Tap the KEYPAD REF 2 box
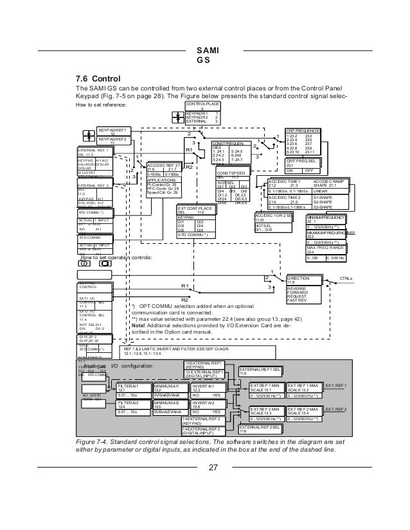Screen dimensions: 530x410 [112, 139]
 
